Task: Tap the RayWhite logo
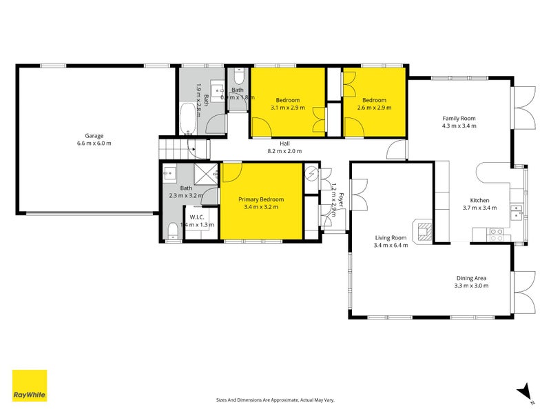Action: [30, 386]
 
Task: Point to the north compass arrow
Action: [526, 392]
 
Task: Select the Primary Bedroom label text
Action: [261, 199]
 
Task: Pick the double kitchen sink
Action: [517, 211]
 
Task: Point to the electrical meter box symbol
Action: [312, 174]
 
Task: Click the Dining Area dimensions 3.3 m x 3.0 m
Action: [470, 285]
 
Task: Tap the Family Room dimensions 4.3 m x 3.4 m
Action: [459, 126]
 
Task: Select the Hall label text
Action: [284, 144]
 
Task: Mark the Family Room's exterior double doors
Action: [525, 106]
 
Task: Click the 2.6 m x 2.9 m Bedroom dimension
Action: [375, 108]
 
